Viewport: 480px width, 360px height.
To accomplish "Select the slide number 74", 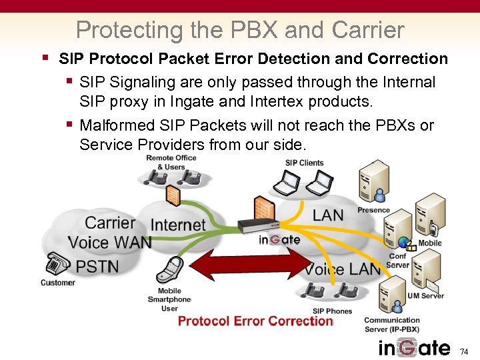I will pyautogui.click(x=465, y=351).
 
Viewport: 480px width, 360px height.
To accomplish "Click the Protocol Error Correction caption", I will pyautogui.click(x=255, y=321).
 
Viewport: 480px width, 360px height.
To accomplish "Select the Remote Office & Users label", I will pyautogui.click(x=171, y=162).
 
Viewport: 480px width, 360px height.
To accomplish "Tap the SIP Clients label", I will pyautogui.click(x=304, y=163).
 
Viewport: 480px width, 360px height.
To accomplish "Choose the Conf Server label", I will pyautogui.click(x=398, y=261).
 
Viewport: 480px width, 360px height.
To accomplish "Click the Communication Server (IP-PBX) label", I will pyautogui.click(x=392, y=325).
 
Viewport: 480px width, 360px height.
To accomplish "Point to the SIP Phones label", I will pyautogui.click(x=332, y=311).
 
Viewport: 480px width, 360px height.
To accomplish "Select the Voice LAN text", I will pyautogui.click(x=343, y=269).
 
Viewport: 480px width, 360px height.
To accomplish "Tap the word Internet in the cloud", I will pyautogui.click(x=178, y=225).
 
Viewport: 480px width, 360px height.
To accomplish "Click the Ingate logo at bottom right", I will pyautogui.click(x=414, y=348).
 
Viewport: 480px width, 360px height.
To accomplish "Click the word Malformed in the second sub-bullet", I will pyautogui.click(x=113, y=126).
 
